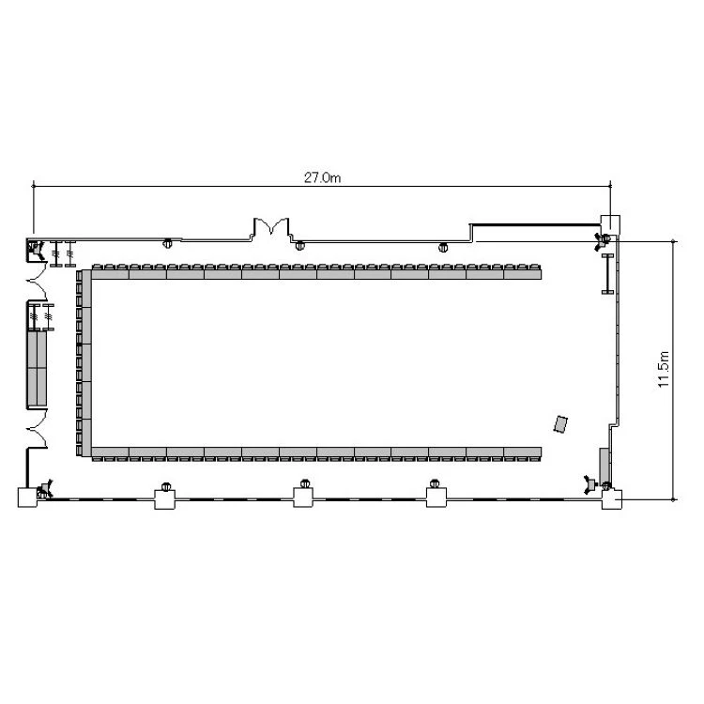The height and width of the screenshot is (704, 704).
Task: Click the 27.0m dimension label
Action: point(322,177)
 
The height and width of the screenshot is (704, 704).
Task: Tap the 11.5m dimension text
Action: point(664,370)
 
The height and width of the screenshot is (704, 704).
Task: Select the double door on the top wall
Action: point(271,228)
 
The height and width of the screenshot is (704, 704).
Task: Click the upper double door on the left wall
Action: point(38,281)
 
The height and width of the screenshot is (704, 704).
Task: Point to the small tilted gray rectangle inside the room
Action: point(560,424)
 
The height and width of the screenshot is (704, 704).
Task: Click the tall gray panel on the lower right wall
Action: point(605,465)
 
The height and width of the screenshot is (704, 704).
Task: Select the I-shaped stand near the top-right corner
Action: point(607,274)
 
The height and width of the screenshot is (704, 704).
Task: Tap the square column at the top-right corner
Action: point(611,225)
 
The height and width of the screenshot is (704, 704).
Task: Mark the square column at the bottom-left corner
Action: point(27,497)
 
